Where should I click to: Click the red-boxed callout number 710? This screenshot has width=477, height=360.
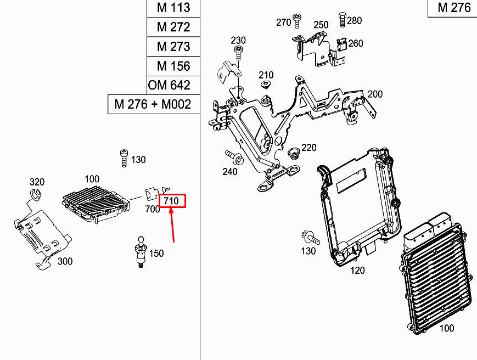coord(171,201)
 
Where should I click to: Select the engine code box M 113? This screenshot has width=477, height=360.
coord(173,8)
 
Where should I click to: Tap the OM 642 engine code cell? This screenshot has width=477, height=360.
coord(173,85)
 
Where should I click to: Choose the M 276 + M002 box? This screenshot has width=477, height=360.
coord(154,104)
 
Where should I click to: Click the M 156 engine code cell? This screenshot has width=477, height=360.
coord(173,66)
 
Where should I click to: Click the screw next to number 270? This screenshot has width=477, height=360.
coord(297,21)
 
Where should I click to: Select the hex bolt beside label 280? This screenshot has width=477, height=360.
coord(343,19)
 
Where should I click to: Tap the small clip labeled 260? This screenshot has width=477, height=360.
coord(341,45)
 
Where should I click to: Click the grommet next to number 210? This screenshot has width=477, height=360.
coord(266,85)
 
